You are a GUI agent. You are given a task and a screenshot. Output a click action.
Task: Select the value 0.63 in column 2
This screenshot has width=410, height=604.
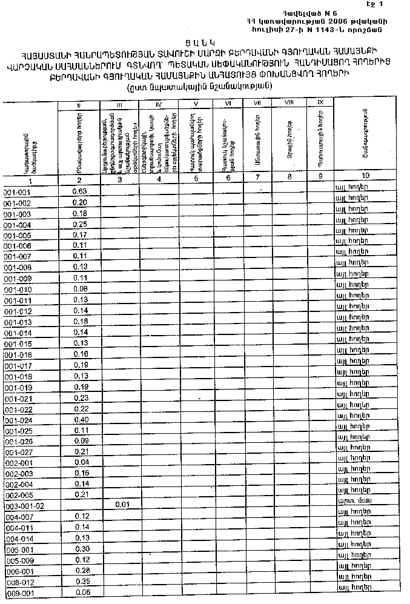pyautogui.click(x=79, y=191)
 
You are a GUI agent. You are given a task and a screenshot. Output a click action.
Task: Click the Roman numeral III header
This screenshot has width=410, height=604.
pyautogui.click(x=119, y=105)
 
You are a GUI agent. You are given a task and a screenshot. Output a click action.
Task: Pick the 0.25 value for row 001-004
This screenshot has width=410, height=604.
pyautogui.click(x=79, y=225)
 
